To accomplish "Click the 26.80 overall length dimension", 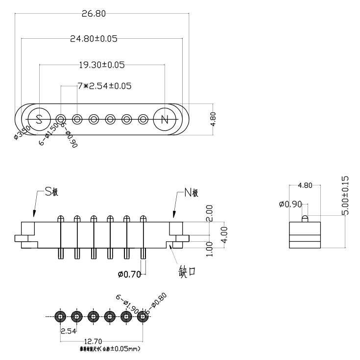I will coord(93,14).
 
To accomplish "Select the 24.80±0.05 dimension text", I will coord(94,39).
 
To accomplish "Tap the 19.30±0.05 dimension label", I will coord(102,64).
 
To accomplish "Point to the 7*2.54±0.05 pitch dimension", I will coord(104,86).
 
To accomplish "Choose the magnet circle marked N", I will coord(165,119).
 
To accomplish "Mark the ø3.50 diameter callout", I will coord(23,133).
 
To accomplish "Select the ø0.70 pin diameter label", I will coord(129,274).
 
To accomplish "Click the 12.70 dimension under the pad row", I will coord(101,340).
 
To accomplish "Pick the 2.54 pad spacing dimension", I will coord(68,331).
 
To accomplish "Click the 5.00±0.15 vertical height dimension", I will coord(345,195).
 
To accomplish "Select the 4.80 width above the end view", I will coord(305,185).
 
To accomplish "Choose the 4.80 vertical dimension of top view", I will coord(213,119).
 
